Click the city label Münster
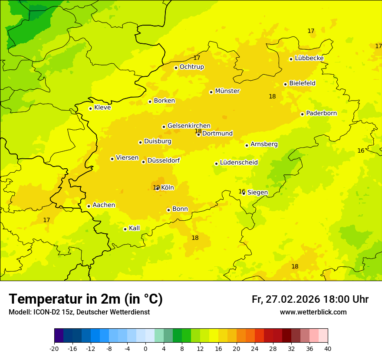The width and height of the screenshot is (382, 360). click(227, 91)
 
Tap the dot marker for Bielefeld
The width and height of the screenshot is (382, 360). click(285, 84)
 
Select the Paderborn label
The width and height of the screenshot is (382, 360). click(322, 113)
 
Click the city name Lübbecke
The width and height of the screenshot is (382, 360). click(310, 58)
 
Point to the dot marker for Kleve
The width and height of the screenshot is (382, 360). click(90, 108)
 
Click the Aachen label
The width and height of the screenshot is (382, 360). click(104, 205)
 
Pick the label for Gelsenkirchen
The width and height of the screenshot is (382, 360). click(189, 126)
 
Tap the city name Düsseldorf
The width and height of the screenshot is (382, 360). click(164, 160)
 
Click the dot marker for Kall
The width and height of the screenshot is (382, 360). click(125, 229)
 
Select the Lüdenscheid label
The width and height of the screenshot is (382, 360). click(239, 163)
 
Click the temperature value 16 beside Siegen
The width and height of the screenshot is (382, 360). click(242, 191)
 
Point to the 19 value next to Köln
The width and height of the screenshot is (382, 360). click(156, 188)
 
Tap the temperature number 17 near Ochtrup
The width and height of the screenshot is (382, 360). click(197, 58)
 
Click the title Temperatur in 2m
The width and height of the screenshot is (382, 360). click(86, 299)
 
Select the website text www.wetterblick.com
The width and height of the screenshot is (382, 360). click(313, 312)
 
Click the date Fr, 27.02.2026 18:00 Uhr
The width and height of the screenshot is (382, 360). click(310, 299)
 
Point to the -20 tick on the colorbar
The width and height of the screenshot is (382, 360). click(54, 348)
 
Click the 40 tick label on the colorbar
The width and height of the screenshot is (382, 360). click(328, 348)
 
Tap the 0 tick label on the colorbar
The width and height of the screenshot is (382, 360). click(145, 348)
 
